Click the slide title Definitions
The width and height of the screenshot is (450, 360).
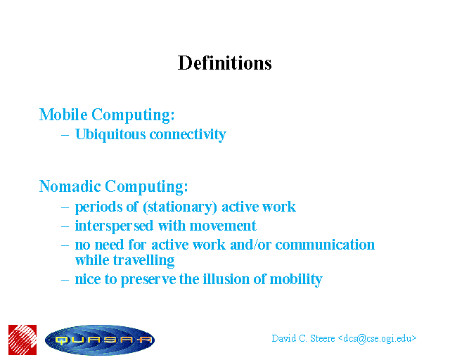[225, 63]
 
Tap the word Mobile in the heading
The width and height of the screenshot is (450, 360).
[63, 115]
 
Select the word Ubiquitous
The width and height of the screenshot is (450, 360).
[110, 134]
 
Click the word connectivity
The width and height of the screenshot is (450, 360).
[188, 134]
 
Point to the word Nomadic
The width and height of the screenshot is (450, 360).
[70, 186]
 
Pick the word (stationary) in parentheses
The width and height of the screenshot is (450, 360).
[180, 207]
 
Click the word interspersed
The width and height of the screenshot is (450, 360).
[114, 226]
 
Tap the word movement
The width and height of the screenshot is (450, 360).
[223, 226]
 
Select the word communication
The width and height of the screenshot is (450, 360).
[325, 245]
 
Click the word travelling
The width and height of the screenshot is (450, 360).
[143, 260]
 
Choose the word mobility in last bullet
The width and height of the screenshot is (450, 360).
[296, 279]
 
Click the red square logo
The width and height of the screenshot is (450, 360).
[22, 340]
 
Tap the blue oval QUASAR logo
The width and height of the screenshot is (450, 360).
[100, 340]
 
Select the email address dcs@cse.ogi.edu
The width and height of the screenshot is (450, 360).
[378, 339]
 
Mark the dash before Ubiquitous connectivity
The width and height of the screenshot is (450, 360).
[65, 135]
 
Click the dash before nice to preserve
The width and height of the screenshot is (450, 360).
[65, 280]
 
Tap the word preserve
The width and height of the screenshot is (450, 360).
[148, 280]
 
